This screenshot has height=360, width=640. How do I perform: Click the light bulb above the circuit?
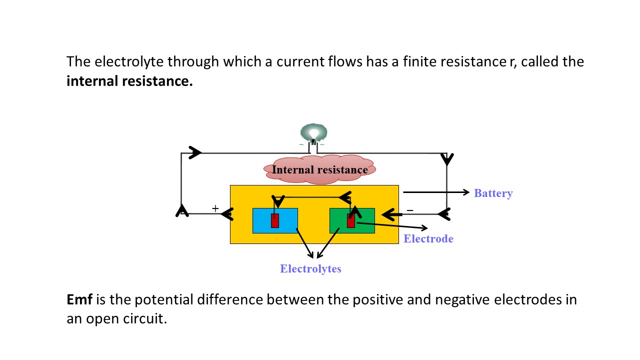point(313,133)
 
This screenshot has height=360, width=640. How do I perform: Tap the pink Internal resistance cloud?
point(319,170)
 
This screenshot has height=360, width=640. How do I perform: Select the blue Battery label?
point(493,193)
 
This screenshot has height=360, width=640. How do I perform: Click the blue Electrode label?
point(428,238)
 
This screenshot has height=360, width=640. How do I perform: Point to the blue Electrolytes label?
point(310,268)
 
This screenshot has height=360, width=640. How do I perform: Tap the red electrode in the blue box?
point(274,220)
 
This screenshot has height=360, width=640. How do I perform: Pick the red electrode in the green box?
point(350,220)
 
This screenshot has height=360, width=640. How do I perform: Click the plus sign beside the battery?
point(215,208)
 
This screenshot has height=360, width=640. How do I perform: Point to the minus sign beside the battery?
point(410,210)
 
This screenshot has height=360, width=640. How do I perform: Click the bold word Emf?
point(79,300)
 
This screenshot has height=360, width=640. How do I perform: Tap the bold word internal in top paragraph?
point(92,81)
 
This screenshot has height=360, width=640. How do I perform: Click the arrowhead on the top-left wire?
point(195,152)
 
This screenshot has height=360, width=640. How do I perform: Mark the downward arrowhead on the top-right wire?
point(447,159)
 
